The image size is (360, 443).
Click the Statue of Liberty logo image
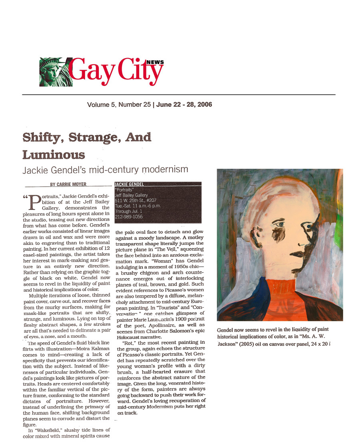56,72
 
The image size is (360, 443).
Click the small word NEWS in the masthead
155,62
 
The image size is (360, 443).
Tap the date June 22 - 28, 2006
184,105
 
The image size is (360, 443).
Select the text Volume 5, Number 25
119,105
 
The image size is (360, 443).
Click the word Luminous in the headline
54,154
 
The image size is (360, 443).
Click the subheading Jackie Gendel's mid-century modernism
105,169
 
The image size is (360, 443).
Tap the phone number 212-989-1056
129,217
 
